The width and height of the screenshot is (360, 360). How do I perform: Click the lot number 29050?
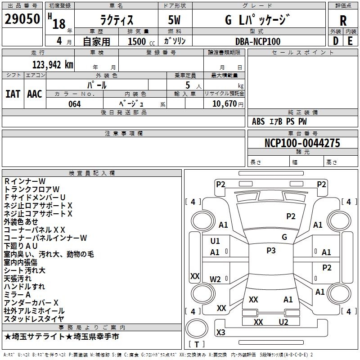pos(22,18)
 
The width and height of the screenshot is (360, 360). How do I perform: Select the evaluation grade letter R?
pos(343,21)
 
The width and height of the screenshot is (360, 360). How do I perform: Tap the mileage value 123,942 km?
pos(53,64)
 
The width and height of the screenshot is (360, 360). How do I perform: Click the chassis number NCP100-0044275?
pos(302,143)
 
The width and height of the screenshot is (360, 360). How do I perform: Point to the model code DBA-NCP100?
pos(258,41)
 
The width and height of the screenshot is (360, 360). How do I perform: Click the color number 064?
pos(74,104)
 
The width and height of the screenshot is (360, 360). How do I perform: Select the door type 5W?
pos(174,20)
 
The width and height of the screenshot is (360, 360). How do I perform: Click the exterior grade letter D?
pos(336,41)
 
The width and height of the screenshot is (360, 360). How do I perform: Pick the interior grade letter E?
pos(350,41)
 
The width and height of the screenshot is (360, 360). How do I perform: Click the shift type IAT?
pos(13,94)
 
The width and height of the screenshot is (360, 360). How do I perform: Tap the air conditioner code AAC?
pos(35,94)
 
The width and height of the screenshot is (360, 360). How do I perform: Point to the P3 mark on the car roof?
pos(271,250)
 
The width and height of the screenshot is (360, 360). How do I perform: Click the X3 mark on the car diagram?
pos(220,332)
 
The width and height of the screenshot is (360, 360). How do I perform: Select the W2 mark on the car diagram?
pos(215,279)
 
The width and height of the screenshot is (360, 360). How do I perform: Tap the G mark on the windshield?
pos(284,237)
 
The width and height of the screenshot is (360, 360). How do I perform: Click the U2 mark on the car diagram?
pos(283,322)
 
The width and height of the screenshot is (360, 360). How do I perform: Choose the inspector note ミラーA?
pos(17,294)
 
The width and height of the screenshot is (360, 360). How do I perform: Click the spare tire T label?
pos(197,344)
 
